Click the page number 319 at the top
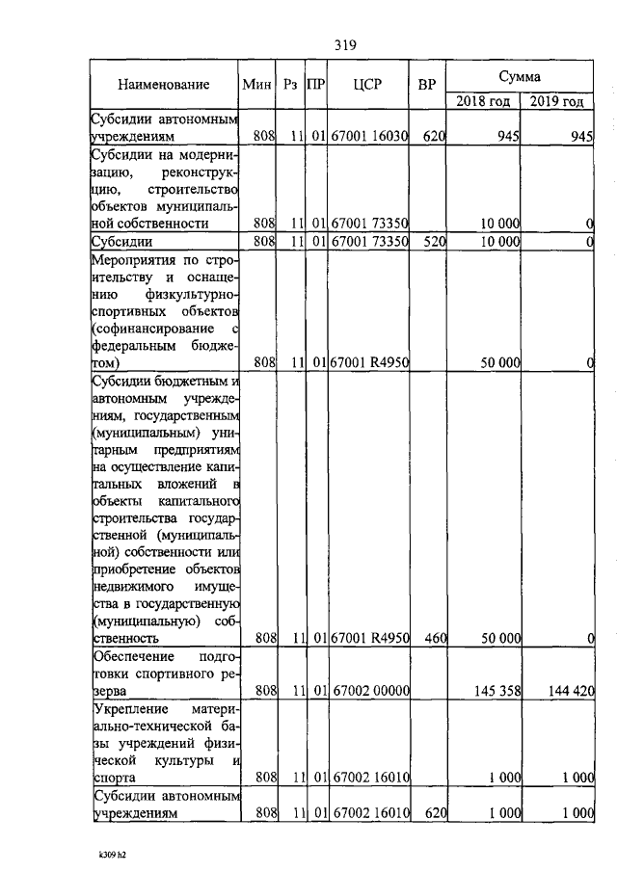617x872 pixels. [346, 44]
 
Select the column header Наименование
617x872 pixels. [164, 85]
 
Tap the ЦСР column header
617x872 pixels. [368, 85]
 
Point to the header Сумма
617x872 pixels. [519, 75]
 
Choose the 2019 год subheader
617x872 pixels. [556, 101]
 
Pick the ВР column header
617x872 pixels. [427, 85]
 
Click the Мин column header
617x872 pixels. [257, 85]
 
